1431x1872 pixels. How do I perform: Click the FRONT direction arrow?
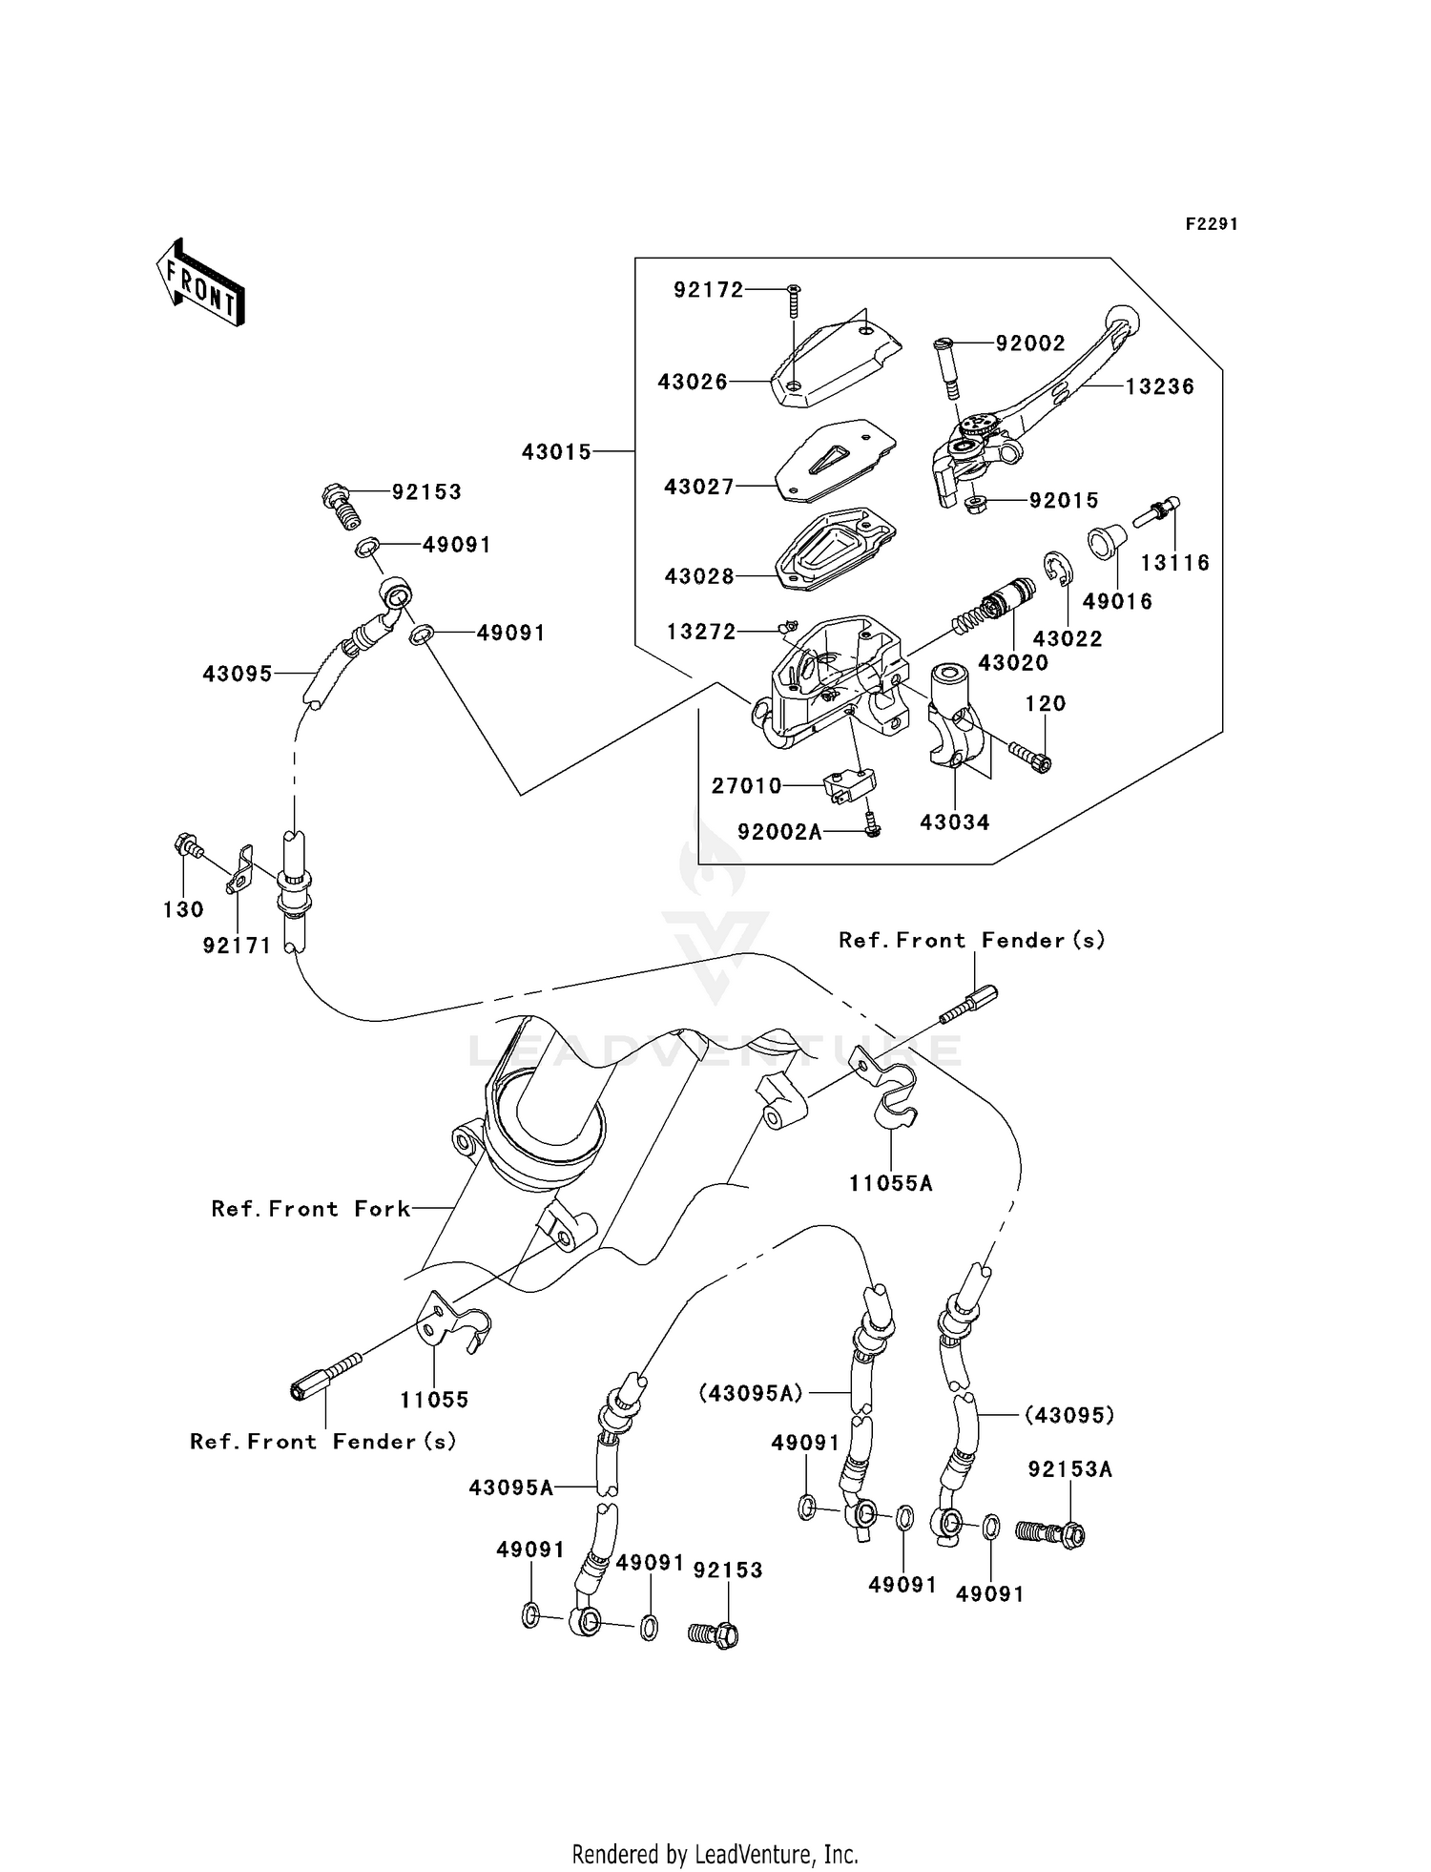click(x=200, y=283)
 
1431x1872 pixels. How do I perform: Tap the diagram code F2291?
click(x=1212, y=224)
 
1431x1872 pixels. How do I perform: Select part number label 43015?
click(x=556, y=452)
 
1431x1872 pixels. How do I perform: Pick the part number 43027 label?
click(x=699, y=487)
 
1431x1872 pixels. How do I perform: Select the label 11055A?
click(x=891, y=1183)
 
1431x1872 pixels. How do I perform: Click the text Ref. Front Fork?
click(x=311, y=1209)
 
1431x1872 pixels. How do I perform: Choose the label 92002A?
click(x=779, y=832)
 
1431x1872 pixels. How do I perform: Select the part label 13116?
click(x=1175, y=563)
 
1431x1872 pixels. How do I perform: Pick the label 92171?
click(x=237, y=946)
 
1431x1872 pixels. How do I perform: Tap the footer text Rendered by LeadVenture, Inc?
click(x=715, y=1854)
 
